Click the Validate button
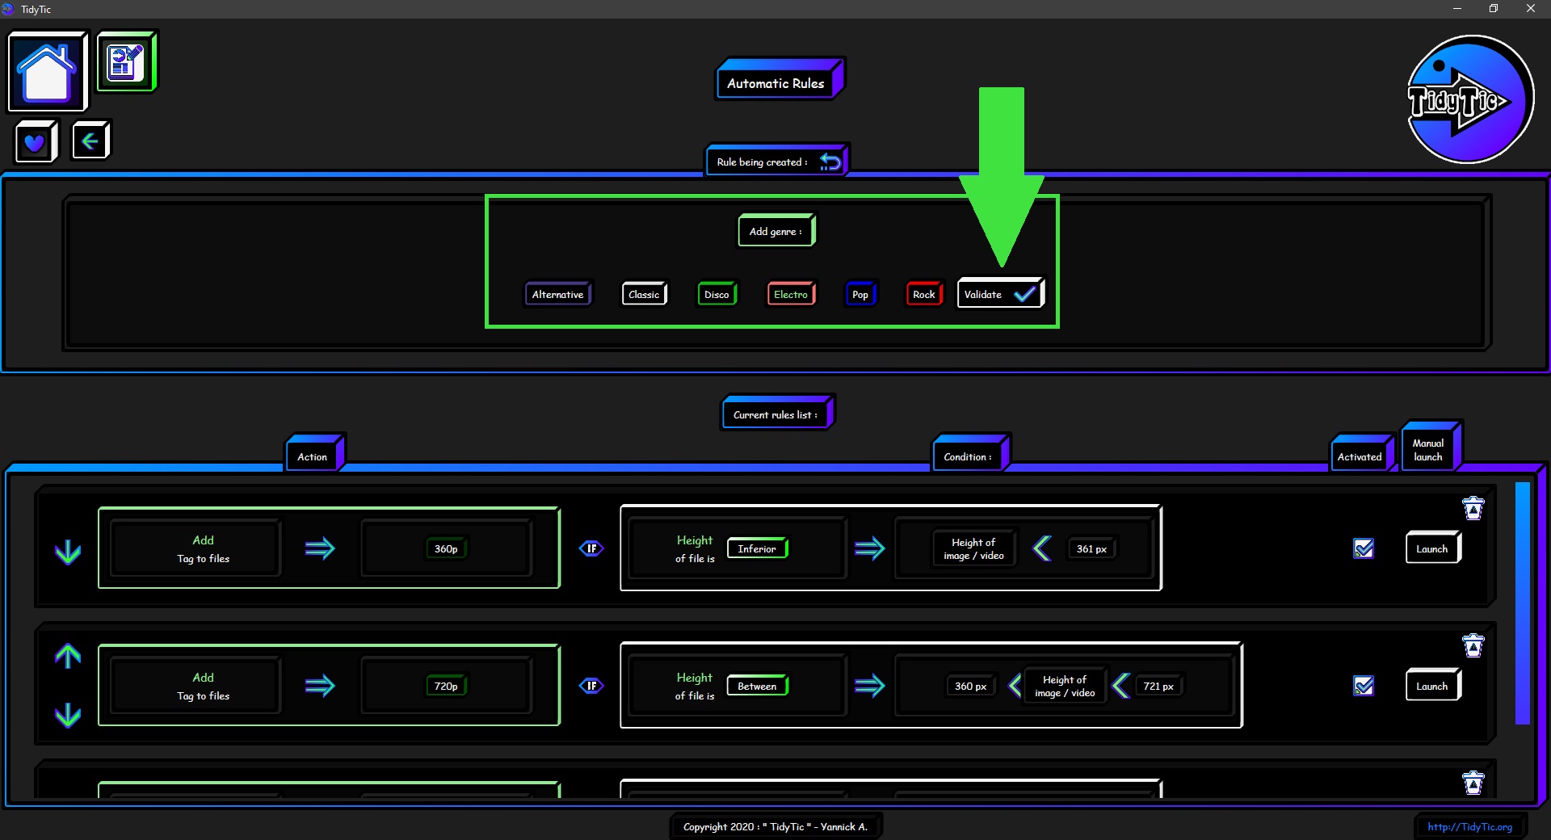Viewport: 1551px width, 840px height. [x=1001, y=293]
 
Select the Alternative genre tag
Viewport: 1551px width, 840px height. [x=558, y=294]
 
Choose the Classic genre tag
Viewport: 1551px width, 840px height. [x=644, y=294]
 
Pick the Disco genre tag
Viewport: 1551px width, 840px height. [x=717, y=294]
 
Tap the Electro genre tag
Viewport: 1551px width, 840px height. [x=791, y=294]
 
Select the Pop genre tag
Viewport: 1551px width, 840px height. [x=860, y=294]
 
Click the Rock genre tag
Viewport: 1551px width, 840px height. [x=924, y=294]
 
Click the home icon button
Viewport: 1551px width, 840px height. [x=47, y=71]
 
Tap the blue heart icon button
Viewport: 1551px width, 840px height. [x=36, y=142]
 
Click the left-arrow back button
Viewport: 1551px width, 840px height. [x=90, y=141]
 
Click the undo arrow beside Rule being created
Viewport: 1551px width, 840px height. [x=830, y=162]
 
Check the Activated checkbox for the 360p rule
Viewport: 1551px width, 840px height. [x=1364, y=548]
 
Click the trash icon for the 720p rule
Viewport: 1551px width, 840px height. [x=1473, y=645]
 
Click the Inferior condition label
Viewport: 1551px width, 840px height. [x=757, y=548]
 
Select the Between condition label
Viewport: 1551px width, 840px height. [x=757, y=686]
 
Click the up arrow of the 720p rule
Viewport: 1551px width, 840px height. [x=68, y=656]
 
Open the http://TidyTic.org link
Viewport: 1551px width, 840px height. [x=1469, y=826]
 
